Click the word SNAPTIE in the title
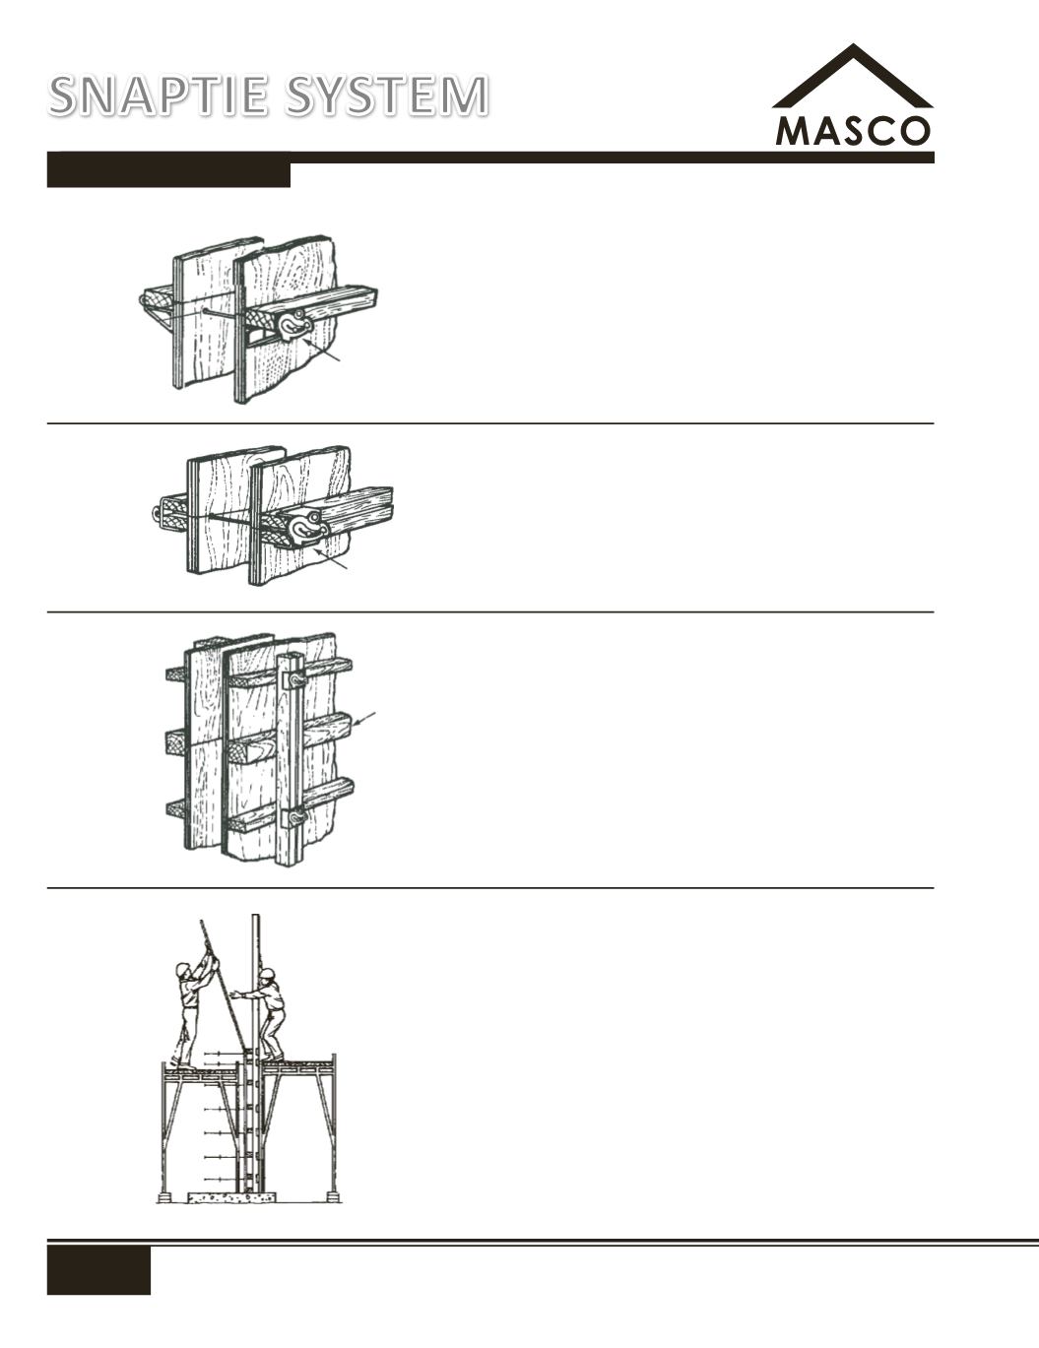pyautogui.click(x=160, y=96)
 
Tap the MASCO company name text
pyautogui.click(x=853, y=131)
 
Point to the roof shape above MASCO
pyautogui.click(x=853, y=76)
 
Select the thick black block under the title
pyautogui.click(x=168, y=174)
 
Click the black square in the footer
pyautogui.click(x=98, y=1270)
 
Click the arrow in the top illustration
pyautogui.click(x=323, y=350)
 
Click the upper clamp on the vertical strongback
pyautogui.click(x=293, y=681)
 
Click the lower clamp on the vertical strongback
pyautogui.click(x=294, y=817)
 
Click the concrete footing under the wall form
pyautogui.click(x=232, y=1196)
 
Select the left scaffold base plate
pyautogui.click(x=164, y=1194)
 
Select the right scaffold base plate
pyautogui.click(x=333, y=1194)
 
